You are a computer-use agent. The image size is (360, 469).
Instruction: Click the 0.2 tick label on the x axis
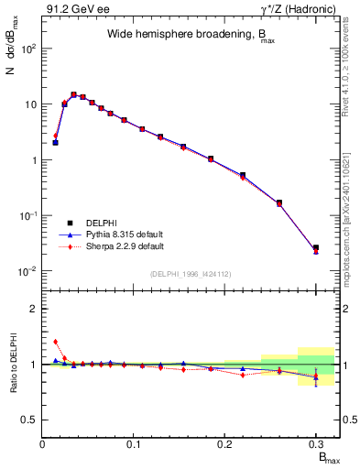pos(224,445)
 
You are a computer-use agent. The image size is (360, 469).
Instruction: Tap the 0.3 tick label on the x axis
pos(315,445)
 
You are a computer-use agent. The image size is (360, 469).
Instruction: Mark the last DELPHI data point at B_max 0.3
pos(316,247)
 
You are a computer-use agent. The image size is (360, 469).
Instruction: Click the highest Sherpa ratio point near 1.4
pos(56,342)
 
